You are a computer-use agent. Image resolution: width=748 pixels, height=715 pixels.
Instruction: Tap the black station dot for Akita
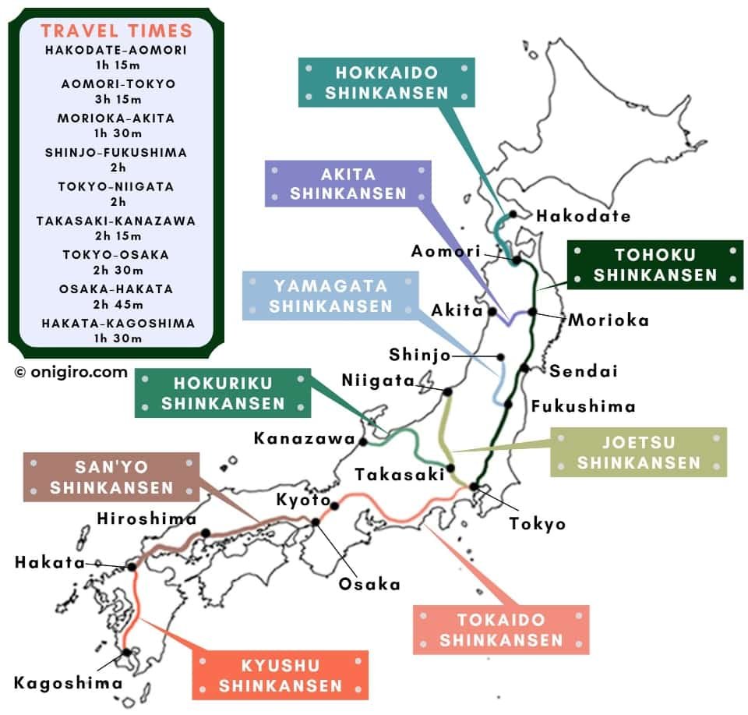pos(493,311)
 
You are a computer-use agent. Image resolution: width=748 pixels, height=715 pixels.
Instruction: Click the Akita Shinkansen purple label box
pos(348,183)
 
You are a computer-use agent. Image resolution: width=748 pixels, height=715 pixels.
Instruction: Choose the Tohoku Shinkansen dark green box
pos(654,265)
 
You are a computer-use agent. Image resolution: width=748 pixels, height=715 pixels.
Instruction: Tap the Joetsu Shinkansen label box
pos(639,452)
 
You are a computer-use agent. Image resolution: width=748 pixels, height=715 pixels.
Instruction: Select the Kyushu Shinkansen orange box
pos(280,675)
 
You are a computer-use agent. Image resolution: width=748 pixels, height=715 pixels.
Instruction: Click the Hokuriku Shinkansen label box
pos(223,393)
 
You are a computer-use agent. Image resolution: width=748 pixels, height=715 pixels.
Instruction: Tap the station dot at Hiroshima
pos(207,533)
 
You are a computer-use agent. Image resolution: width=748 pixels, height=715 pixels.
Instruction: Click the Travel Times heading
pos(116,31)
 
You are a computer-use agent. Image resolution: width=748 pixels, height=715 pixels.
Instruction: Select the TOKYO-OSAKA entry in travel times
pos(116,255)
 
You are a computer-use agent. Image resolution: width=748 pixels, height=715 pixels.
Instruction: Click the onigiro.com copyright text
pos(70,372)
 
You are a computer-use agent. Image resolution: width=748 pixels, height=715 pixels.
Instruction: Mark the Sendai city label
pos(584,370)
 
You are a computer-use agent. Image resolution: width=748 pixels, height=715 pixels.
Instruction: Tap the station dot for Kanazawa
pos(363,441)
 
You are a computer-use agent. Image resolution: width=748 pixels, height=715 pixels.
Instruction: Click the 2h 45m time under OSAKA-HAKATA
pos(116,304)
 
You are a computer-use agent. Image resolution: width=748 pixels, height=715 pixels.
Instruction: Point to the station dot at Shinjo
pos(501,357)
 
